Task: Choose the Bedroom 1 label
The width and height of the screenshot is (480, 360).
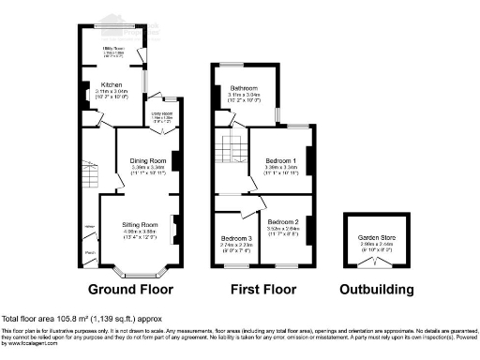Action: click(x=281, y=161)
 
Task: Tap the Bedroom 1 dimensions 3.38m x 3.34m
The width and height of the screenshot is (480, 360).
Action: click(x=281, y=169)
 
